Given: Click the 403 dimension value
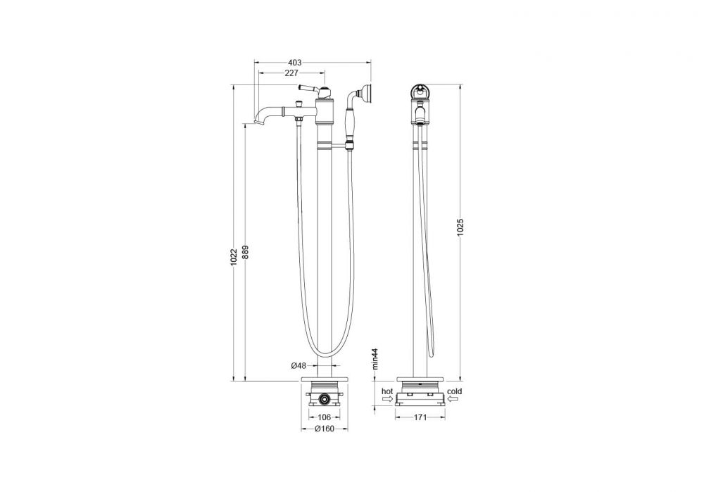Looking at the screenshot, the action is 294,63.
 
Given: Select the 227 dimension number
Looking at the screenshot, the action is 291,72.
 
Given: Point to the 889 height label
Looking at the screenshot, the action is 245,252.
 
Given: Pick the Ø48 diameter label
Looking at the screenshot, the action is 298,366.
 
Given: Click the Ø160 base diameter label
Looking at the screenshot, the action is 325,429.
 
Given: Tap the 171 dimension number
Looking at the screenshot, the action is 420,417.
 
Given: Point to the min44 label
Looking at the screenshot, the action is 376,358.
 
